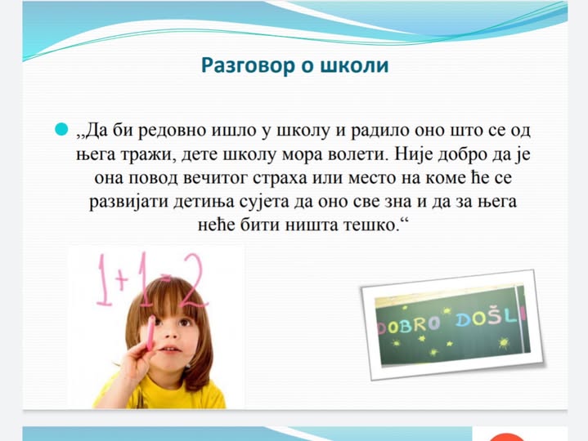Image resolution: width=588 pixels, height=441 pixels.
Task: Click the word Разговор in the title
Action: pos(249,66)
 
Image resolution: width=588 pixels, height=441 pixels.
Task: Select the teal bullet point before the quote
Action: pos(61,129)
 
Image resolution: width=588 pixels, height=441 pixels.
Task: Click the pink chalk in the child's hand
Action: pos(150,333)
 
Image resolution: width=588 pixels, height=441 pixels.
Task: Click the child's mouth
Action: pos(171,350)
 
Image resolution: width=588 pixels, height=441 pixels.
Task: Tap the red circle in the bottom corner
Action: pos(507,437)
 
